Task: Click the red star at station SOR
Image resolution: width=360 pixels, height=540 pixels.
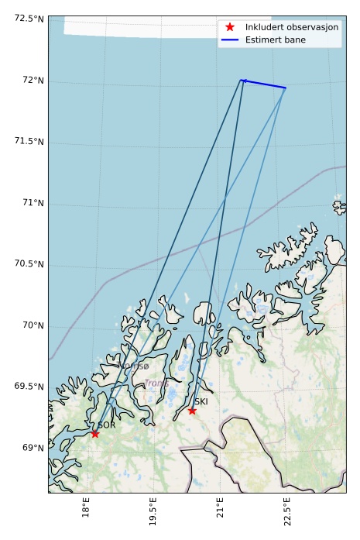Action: [94, 433]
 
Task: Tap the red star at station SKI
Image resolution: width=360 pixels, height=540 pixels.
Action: [192, 410]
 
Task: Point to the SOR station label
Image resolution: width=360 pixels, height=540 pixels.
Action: [107, 425]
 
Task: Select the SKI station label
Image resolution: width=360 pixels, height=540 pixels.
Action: [201, 401]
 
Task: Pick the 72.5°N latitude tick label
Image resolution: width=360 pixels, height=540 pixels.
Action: [29, 18]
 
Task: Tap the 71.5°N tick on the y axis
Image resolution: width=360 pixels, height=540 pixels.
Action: [29, 141]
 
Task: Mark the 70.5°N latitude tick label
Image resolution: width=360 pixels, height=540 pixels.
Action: [29, 263]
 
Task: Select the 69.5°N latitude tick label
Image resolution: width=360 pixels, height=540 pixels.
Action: [29, 386]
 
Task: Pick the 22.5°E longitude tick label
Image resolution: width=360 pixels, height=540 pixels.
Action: [287, 514]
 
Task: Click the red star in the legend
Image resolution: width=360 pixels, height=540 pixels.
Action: [229, 27]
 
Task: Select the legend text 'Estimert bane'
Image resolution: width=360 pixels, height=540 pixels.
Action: [275, 40]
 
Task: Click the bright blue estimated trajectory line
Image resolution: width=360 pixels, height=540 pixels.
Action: [264, 84]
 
